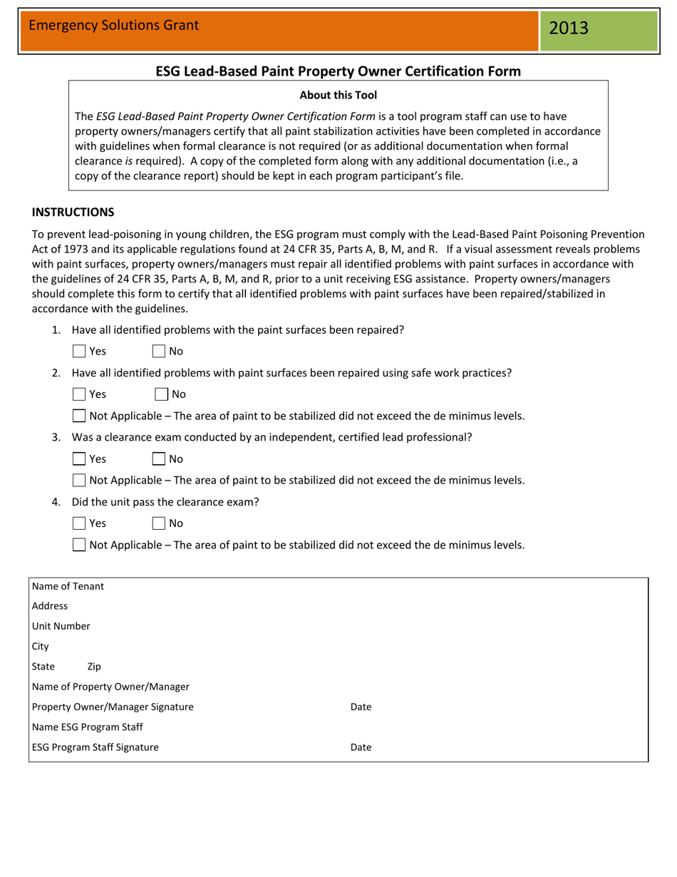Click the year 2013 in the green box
point(569,29)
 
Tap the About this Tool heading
point(338,95)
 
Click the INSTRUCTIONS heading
point(73,212)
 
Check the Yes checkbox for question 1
point(80,352)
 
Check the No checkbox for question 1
point(159,352)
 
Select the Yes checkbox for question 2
point(80,394)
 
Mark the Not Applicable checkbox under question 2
point(80,416)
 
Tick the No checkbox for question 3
point(159,459)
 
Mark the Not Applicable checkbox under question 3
point(80,481)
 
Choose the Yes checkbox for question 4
point(80,523)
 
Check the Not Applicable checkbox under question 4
point(80,545)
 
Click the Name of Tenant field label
point(68,586)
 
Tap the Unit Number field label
point(61,626)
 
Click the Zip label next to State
point(94,667)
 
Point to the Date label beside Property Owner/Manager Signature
point(361,707)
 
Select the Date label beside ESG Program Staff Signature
point(361,747)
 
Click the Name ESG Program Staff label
point(88,727)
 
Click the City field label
point(41,647)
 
